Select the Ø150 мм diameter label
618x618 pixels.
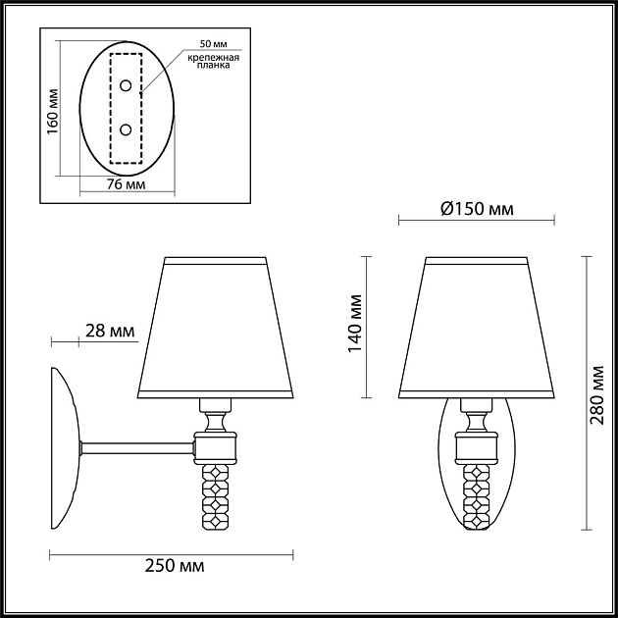click(x=477, y=209)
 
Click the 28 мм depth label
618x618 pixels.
click(x=110, y=332)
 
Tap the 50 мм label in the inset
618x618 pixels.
click(x=213, y=45)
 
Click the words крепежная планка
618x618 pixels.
click(x=213, y=63)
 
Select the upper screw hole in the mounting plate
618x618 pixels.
click(x=126, y=87)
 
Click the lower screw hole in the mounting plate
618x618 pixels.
click(x=126, y=129)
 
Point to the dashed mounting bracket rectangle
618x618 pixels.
click(x=111, y=107)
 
